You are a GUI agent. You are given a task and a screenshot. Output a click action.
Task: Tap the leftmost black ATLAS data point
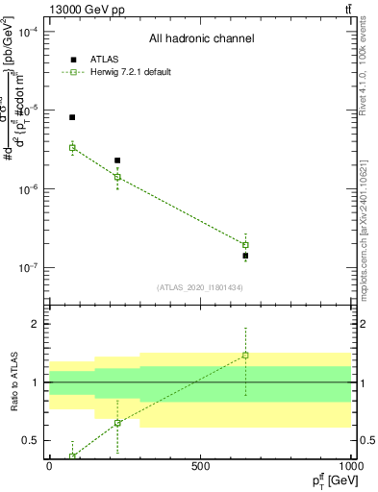(x=72, y=117)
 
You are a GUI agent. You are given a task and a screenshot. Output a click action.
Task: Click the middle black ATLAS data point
(x=117, y=160)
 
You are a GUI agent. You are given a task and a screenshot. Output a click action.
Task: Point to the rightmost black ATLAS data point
(x=245, y=256)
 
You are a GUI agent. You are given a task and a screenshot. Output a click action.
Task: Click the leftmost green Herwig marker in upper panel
(x=72, y=147)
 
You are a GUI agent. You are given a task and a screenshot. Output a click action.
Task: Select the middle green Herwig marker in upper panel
(x=117, y=177)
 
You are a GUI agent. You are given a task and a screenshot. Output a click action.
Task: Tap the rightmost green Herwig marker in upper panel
(x=245, y=245)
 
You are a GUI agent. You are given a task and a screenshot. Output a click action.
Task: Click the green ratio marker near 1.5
(x=245, y=356)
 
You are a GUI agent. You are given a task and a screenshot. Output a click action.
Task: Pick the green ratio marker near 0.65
(x=117, y=423)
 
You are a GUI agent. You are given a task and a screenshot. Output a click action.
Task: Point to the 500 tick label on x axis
(x=200, y=466)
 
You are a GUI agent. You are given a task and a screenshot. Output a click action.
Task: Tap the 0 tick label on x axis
(x=49, y=466)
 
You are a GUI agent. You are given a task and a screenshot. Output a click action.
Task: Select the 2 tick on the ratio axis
(x=36, y=324)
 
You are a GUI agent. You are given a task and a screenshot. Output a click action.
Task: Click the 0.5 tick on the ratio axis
(x=32, y=440)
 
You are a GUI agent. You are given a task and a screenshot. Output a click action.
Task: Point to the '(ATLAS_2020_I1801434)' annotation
(x=200, y=287)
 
